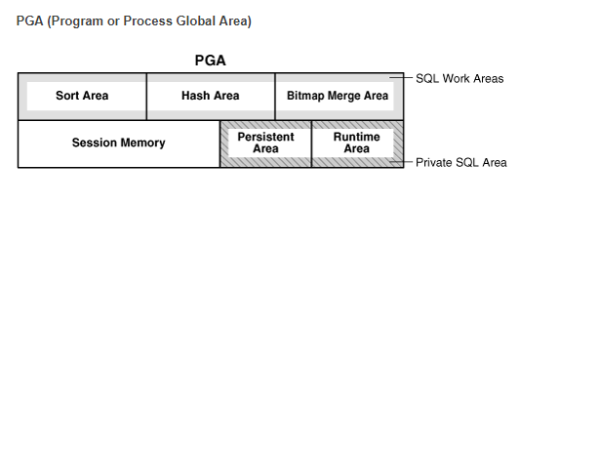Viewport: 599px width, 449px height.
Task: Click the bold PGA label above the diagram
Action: (210, 61)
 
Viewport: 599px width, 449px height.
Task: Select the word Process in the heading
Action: (150, 21)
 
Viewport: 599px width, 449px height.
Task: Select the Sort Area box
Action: (82, 96)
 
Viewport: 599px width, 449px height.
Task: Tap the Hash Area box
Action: (210, 96)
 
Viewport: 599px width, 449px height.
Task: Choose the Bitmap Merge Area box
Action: (338, 96)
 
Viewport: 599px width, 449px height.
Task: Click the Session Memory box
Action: (118, 143)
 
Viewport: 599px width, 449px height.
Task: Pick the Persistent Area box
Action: (265, 143)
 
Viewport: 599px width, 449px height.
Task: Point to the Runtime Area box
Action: (356, 143)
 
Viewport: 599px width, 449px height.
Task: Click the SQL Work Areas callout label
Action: (459, 78)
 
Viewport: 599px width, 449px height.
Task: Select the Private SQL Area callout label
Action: (460, 163)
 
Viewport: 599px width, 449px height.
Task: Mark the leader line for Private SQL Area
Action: (402, 162)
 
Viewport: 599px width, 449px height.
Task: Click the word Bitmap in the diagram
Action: (306, 96)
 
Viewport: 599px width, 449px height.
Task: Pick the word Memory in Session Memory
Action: (143, 143)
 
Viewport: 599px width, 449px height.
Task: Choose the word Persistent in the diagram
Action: (265, 138)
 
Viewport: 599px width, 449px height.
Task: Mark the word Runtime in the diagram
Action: (356, 138)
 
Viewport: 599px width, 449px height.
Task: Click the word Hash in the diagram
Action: (195, 96)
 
